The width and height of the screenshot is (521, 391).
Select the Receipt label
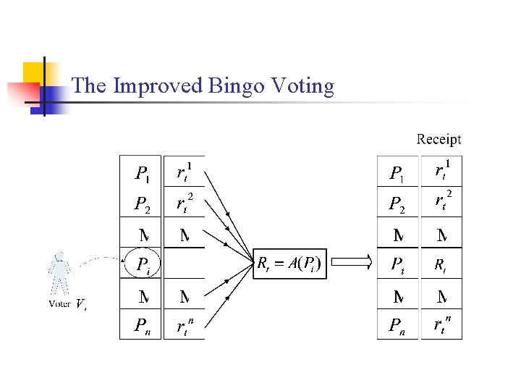(439, 139)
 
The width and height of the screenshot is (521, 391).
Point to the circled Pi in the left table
(143, 264)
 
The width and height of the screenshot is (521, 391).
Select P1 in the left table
(143, 173)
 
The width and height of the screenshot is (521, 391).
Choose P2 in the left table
(143, 205)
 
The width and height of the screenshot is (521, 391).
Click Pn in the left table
(143, 326)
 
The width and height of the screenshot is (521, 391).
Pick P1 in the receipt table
(397, 173)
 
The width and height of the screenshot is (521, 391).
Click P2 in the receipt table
(397, 205)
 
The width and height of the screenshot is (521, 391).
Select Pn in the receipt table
(397, 326)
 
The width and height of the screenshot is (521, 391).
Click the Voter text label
(60, 304)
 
